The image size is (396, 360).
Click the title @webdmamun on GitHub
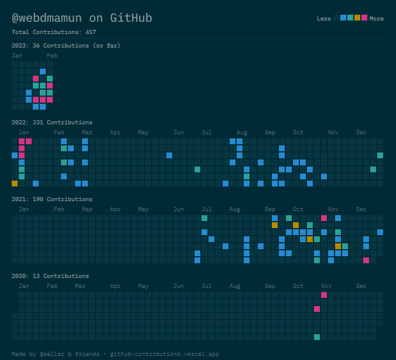click(81, 18)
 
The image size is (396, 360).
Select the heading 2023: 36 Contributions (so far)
click(66, 46)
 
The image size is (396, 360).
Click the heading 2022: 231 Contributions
click(52, 123)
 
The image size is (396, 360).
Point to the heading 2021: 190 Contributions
click(52, 199)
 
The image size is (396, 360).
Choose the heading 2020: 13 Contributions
click(50, 276)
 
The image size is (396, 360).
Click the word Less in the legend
click(323, 19)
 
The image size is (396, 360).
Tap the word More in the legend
click(376, 19)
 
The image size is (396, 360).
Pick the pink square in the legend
click(364, 18)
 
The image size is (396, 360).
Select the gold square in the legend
click(357, 18)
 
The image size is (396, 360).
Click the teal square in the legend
click(350, 18)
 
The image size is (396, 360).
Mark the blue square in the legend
click(343, 18)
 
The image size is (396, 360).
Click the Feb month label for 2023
click(52, 56)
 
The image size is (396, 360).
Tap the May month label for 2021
click(143, 209)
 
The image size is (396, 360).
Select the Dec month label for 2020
click(361, 286)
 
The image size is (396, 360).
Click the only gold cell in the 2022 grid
click(15, 184)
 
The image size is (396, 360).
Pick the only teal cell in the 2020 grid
click(317, 337)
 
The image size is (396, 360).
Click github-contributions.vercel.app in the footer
click(165, 354)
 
